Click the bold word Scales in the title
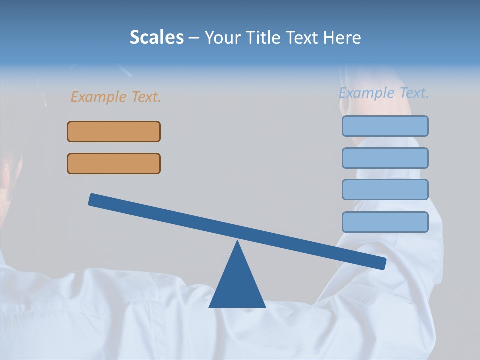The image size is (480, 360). [156, 37]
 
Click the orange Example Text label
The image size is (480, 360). [116, 97]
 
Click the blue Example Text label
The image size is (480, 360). [384, 93]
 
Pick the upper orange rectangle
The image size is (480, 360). [114, 131]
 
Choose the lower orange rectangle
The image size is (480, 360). [114, 163]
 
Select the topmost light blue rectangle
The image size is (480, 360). [385, 126]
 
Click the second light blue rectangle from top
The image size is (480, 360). [385, 158]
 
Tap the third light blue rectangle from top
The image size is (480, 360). [385, 189]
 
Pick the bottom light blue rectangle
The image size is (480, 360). [385, 222]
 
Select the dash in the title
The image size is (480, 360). [194, 38]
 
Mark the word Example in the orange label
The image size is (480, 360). [98, 97]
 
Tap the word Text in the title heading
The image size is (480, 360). [301, 38]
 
